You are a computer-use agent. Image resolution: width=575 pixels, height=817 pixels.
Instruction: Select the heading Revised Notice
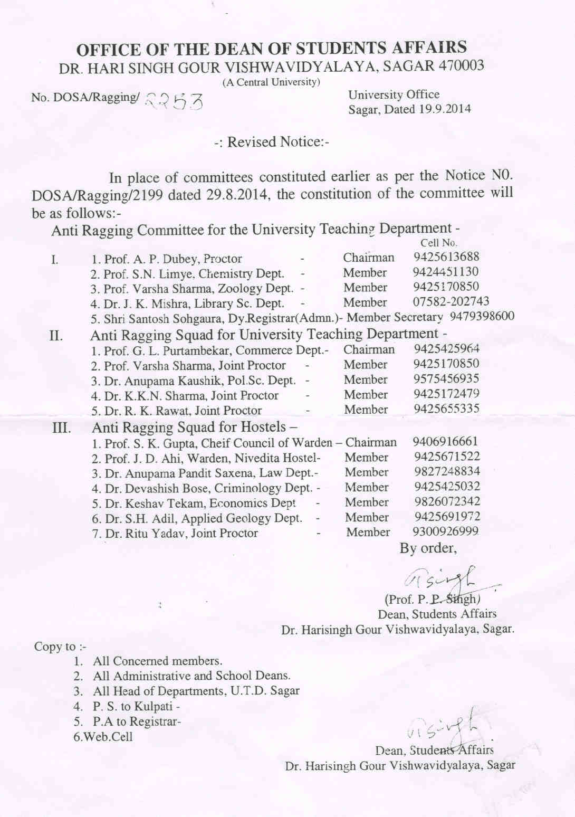272,142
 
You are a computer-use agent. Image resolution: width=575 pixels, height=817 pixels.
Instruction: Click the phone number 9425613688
446,257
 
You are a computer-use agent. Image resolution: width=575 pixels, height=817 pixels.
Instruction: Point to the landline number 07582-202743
451,301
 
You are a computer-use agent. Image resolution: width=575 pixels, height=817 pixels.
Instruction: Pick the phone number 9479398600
482,316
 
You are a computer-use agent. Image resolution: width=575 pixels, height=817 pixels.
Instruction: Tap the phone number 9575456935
447,379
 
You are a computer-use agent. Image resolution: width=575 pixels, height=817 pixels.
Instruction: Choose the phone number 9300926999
446,531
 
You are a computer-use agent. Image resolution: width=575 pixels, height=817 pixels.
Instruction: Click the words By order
428,548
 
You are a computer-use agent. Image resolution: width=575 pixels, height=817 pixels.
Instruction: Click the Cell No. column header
438,243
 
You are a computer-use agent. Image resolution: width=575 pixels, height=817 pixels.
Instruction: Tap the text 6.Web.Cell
103,737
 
